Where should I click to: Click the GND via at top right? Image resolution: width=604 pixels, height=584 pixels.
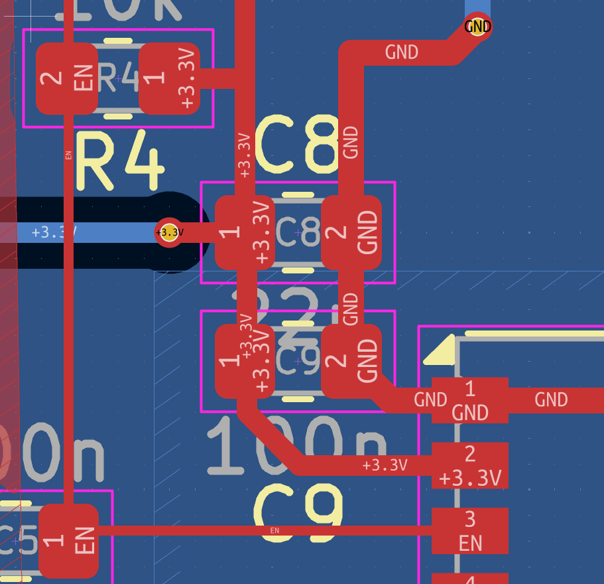(478, 27)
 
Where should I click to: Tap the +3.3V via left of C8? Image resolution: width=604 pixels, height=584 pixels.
(169, 232)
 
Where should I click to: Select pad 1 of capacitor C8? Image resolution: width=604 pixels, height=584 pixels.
(244, 232)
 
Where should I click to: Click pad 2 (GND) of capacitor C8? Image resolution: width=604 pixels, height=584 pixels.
(351, 232)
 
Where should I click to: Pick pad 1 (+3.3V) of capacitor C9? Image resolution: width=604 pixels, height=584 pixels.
(244, 361)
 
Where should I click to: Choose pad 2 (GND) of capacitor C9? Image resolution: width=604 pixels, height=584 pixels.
(351, 361)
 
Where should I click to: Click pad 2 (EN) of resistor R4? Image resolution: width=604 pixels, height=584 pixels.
(66, 78)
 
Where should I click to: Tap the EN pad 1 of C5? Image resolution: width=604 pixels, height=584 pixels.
(69, 541)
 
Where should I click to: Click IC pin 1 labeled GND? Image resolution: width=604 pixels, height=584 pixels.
(470, 400)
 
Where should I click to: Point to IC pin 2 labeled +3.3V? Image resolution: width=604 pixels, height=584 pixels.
(470, 465)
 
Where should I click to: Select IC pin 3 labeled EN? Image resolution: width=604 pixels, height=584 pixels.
(470, 531)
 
